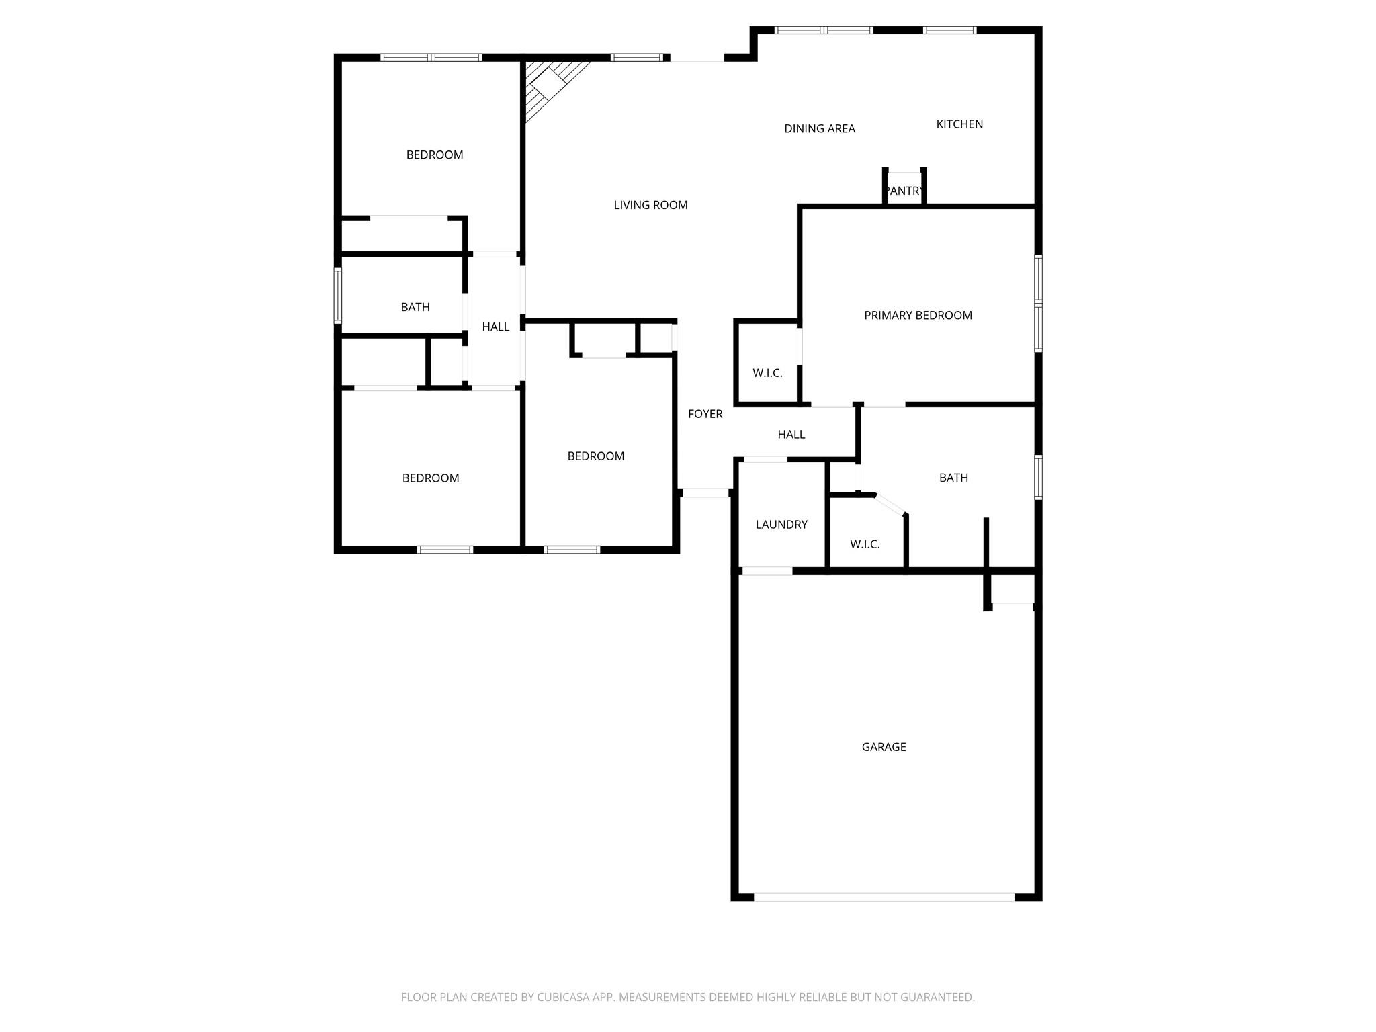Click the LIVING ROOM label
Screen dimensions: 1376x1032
tap(650, 205)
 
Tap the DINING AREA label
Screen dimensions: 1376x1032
tap(820, 128)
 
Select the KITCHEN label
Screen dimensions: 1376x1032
tap(959, 124)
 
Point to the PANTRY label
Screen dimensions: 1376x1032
tap(904, 191)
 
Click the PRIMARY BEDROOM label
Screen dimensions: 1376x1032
tap(918, 315)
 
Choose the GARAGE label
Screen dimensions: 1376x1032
tap(884, 746)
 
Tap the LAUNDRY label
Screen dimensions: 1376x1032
tap(781, 524)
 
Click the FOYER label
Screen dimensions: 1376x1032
tap(705, 414)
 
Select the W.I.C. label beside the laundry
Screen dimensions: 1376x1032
tap(865, 544)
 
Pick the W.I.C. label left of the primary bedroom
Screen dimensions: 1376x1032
tap(767, 373)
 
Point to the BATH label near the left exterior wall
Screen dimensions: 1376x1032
tap(415, 307)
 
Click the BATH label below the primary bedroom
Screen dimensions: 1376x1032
tap(953, 478)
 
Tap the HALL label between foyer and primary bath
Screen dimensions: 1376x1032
tap(791, 435)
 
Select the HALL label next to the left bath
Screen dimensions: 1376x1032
tap(496, 327)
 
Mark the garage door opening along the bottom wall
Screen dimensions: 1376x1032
tap(884, 896)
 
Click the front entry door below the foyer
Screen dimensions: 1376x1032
tap(705, 492)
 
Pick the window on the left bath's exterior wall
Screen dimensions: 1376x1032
tap(338, 296)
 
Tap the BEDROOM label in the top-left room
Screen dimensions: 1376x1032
tap(435, 155)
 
